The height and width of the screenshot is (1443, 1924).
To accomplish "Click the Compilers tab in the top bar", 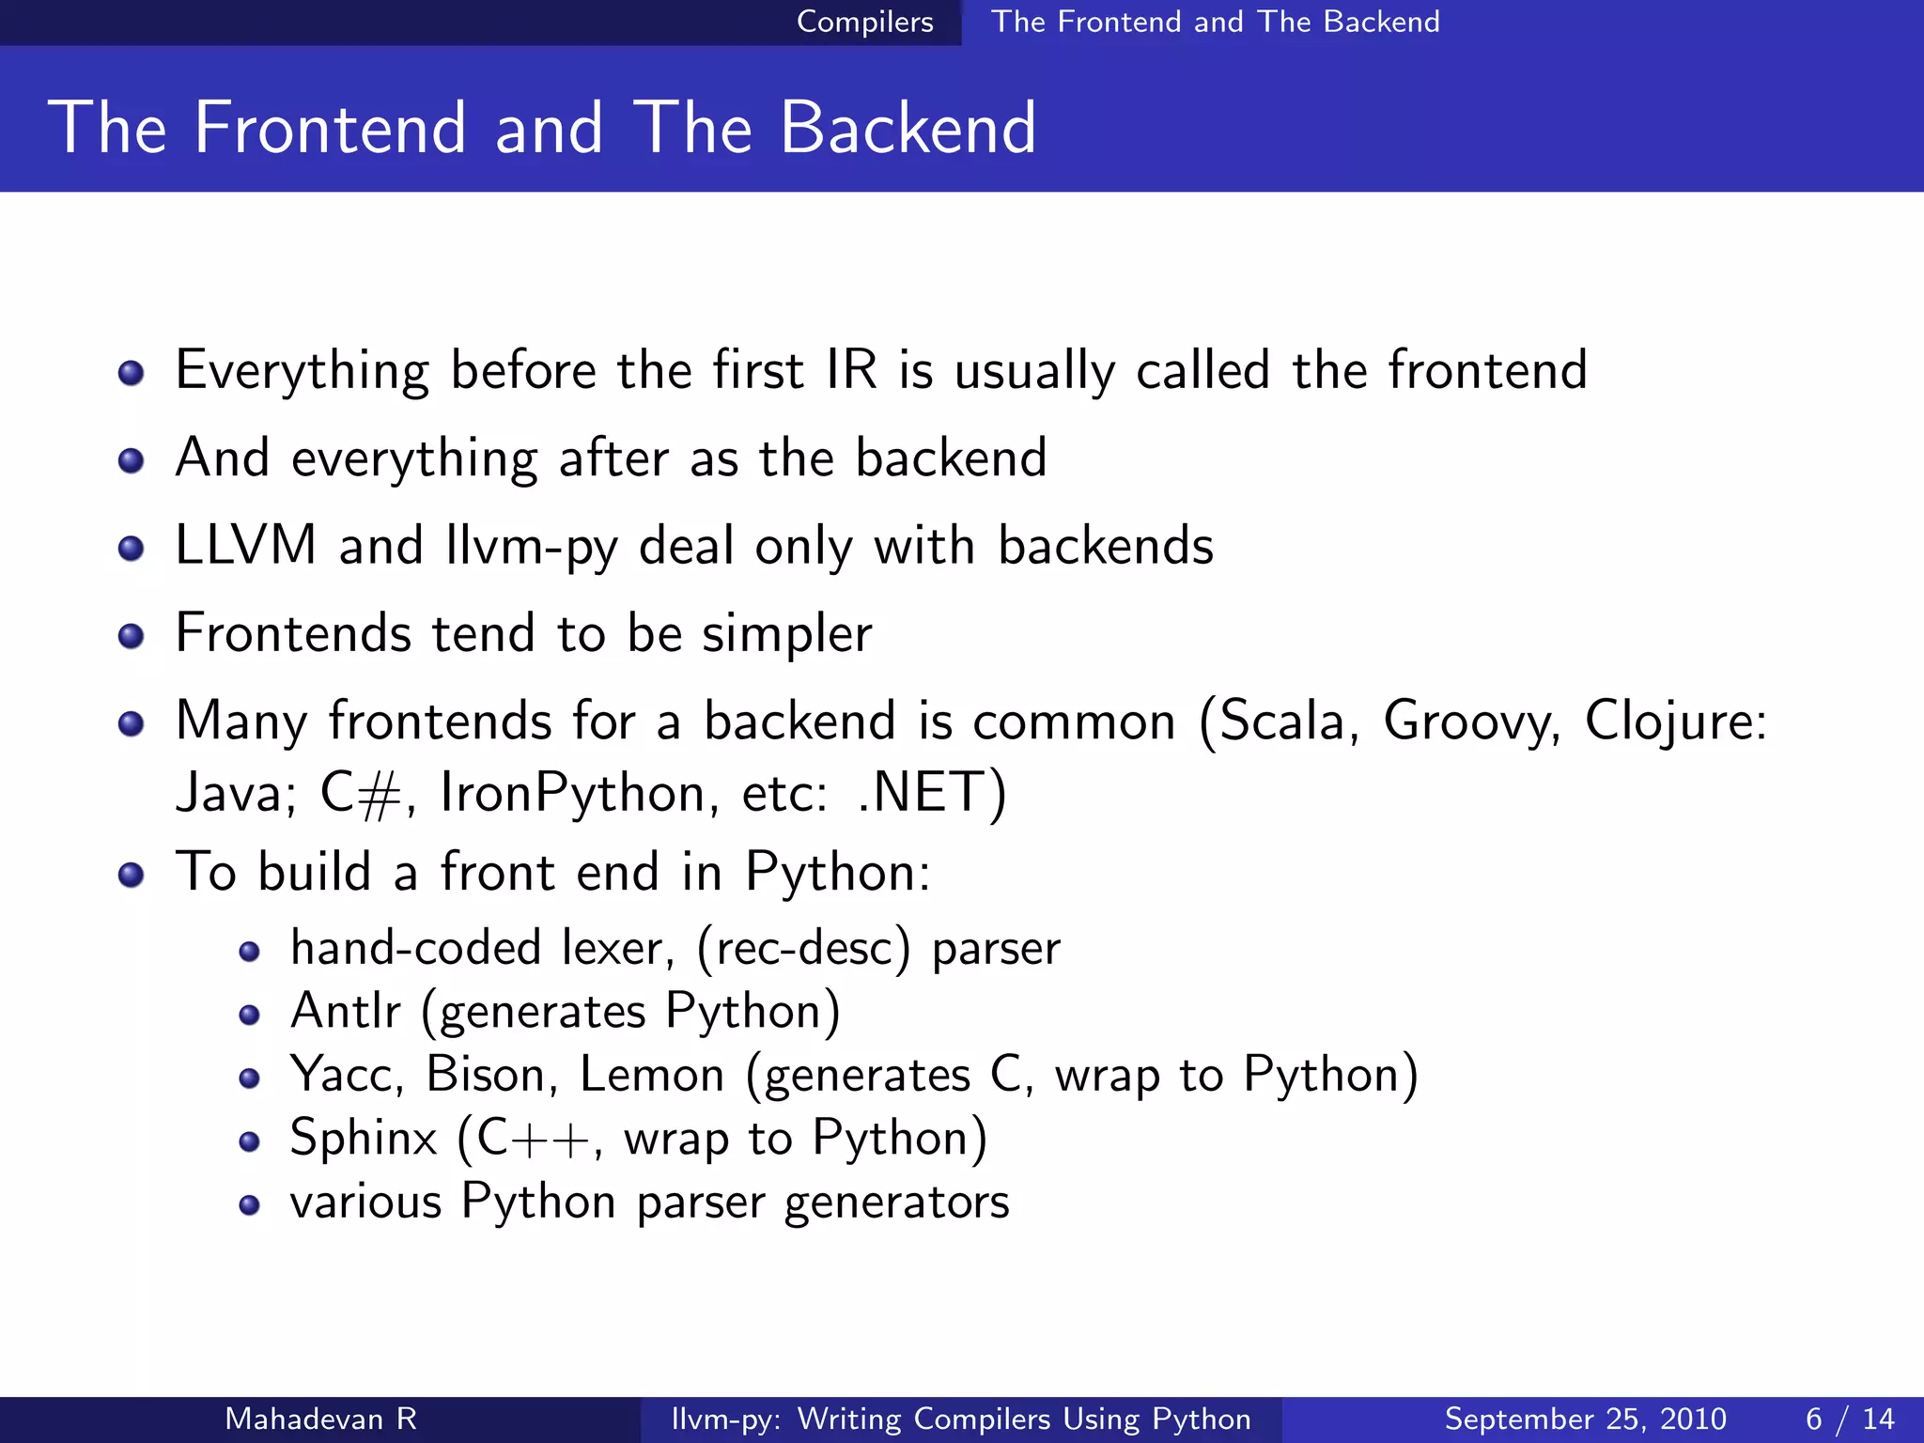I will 864,22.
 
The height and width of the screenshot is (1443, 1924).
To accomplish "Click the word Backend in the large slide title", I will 908,128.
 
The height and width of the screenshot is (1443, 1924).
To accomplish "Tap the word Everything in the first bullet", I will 302,370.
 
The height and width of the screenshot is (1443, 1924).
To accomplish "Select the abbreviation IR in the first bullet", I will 851,370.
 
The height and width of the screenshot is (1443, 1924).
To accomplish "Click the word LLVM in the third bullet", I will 246,546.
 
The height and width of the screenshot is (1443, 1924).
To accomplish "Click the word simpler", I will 787,634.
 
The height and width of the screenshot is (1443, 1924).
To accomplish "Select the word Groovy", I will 1471,721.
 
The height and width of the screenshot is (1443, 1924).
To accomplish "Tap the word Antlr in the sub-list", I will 346,1012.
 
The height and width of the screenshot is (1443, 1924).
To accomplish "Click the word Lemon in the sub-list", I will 652,1075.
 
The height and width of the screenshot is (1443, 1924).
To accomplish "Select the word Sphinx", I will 364,1139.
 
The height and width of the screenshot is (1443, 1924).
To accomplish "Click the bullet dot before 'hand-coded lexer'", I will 249,953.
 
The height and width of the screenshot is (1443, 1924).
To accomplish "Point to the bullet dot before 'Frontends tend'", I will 132,636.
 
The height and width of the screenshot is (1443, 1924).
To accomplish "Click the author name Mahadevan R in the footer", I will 320,1419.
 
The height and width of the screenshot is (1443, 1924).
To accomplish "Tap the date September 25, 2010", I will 1585,1419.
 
